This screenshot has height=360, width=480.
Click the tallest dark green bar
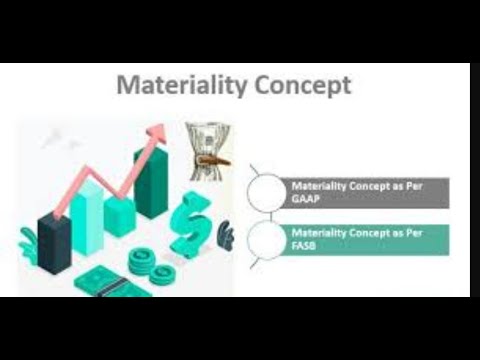pos(150,180)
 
